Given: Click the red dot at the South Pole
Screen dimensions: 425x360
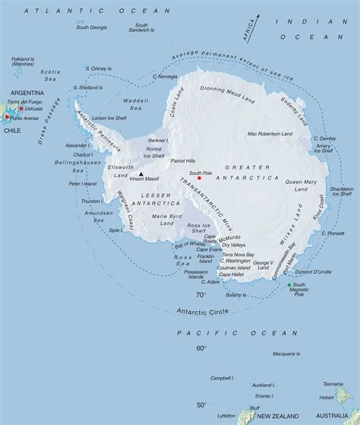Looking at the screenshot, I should click(199, 178).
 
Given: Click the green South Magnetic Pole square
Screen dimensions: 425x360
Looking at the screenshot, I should click(289, 286).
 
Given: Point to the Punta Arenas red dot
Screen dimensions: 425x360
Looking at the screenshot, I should click(7, 117).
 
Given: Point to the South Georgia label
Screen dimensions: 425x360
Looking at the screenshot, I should click(91, 27).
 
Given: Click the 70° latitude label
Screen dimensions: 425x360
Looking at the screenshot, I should click(201, 295).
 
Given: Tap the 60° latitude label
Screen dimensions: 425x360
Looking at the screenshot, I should click(201, 348).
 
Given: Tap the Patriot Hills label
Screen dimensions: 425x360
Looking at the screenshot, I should click(183, 160).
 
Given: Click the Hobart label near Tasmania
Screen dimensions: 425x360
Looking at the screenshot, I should click(327, 397).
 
